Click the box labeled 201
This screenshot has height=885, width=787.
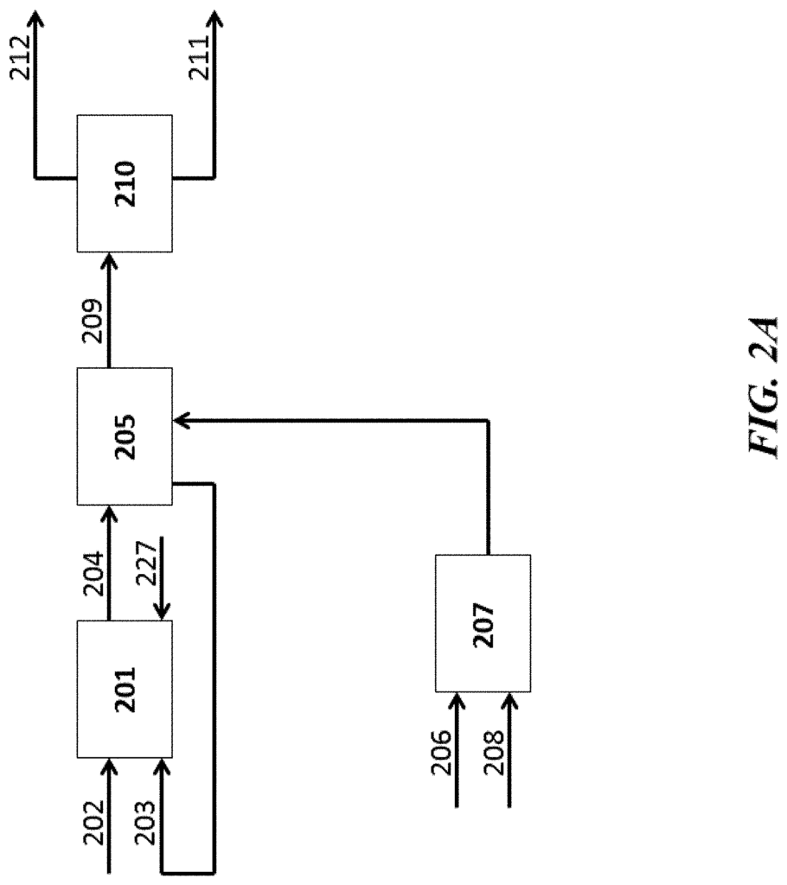(x=125, y=689)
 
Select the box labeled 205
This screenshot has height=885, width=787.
(x=125, y=436)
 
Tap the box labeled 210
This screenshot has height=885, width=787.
(x=125, y=183)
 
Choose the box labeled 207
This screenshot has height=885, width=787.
(x=483, y=623)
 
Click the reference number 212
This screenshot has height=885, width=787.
(x=21, y=58)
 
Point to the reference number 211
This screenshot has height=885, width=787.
(x=200, y=58)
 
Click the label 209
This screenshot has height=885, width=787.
(x=93, y=322)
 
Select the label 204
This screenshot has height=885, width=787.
(x=93, y=574)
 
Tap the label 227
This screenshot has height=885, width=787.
(x=145, y=563)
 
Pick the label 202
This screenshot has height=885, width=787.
(x=93, y=823)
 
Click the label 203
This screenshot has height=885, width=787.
(x=144, y=823)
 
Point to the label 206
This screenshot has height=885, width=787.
(x=441, y=753)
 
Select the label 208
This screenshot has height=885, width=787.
(x=493, y=753)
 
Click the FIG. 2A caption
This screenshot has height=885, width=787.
(x=765, y=386)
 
